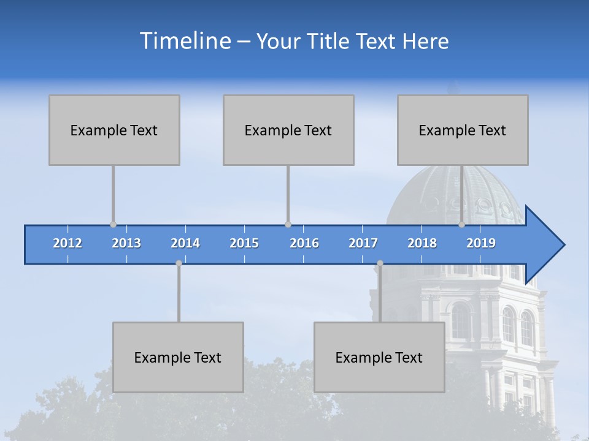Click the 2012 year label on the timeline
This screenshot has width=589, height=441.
point(67,243)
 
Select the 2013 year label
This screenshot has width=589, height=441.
point(126,243)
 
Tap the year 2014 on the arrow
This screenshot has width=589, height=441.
point(185,243)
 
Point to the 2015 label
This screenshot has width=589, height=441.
point(244,243)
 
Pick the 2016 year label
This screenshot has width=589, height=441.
point(304,243)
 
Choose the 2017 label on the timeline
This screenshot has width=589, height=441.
point(363,243)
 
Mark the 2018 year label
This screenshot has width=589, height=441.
point(422,243)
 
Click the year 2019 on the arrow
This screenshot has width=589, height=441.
point(481,243)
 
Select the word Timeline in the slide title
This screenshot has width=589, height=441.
point(185,41)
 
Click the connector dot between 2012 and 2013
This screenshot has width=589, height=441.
point(113,225)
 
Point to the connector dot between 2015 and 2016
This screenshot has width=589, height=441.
point(288,225)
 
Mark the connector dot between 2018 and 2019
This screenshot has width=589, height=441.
point(461,225)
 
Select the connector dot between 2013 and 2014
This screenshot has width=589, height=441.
point(179,263)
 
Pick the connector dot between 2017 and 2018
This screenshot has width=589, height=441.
point(380,263)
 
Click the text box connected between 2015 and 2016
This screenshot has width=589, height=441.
point(288,130)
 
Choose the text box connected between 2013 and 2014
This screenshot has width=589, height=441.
point(178,357)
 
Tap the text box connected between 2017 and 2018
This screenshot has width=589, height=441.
point(379,357)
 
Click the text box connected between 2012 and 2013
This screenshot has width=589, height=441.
point(114,130)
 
